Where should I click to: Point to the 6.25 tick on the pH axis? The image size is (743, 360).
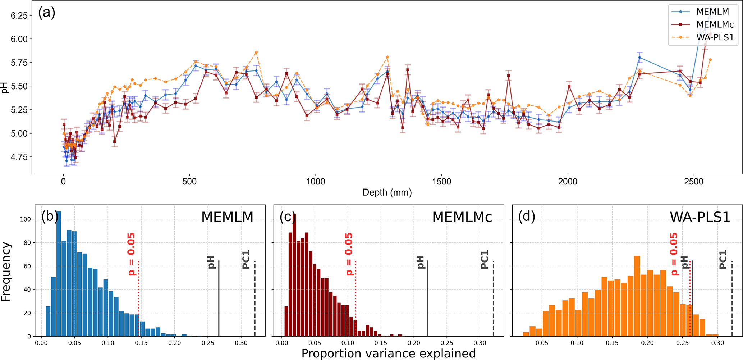(19, 15)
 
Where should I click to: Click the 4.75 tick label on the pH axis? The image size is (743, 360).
(19, 157)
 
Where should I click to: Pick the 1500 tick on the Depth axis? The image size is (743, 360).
(441, 182)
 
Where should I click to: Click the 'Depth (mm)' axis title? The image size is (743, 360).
(387, 193)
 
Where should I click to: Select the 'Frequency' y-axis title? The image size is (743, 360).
(6, 272)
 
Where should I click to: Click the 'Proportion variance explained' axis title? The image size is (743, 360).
(388, 354)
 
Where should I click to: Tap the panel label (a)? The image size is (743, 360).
(47, 13)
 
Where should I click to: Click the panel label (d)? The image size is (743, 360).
(527, 217)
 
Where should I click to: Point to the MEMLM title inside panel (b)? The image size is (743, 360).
(227, 217)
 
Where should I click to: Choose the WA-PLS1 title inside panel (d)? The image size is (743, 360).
(700, 217)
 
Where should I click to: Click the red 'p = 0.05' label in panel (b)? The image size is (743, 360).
(132, 254)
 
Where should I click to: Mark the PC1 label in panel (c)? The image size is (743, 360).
(485, 260)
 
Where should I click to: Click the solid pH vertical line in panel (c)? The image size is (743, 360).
(428, 299)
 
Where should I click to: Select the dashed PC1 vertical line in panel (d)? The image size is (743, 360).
(732, 299)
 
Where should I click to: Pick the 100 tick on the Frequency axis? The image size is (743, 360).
(27, 219)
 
